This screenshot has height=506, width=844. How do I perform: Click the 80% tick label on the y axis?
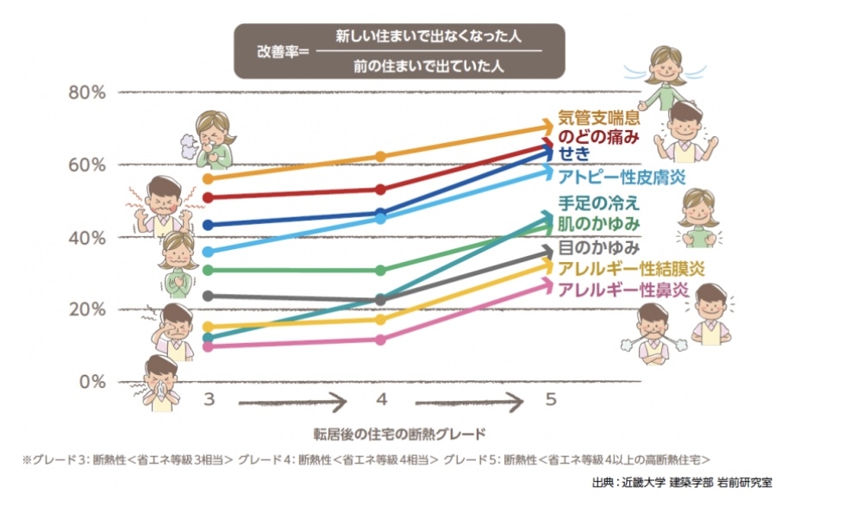pos(86,92)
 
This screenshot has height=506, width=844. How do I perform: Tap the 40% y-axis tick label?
pos(86,237)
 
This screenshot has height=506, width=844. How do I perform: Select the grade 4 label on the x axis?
pos(381,401)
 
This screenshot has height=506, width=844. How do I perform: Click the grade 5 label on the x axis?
pos(550,401)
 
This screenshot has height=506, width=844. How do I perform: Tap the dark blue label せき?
pos(575,155)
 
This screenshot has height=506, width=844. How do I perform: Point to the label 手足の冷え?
pos(598,204)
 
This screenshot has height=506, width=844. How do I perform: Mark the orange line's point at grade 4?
pos(380,157)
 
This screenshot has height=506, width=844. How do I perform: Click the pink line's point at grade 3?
pos(208,347)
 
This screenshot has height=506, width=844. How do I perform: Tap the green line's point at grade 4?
pos(380,271)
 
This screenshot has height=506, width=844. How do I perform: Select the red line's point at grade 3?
pos(208,197)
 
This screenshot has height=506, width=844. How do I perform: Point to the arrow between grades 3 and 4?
pos(292,402)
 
